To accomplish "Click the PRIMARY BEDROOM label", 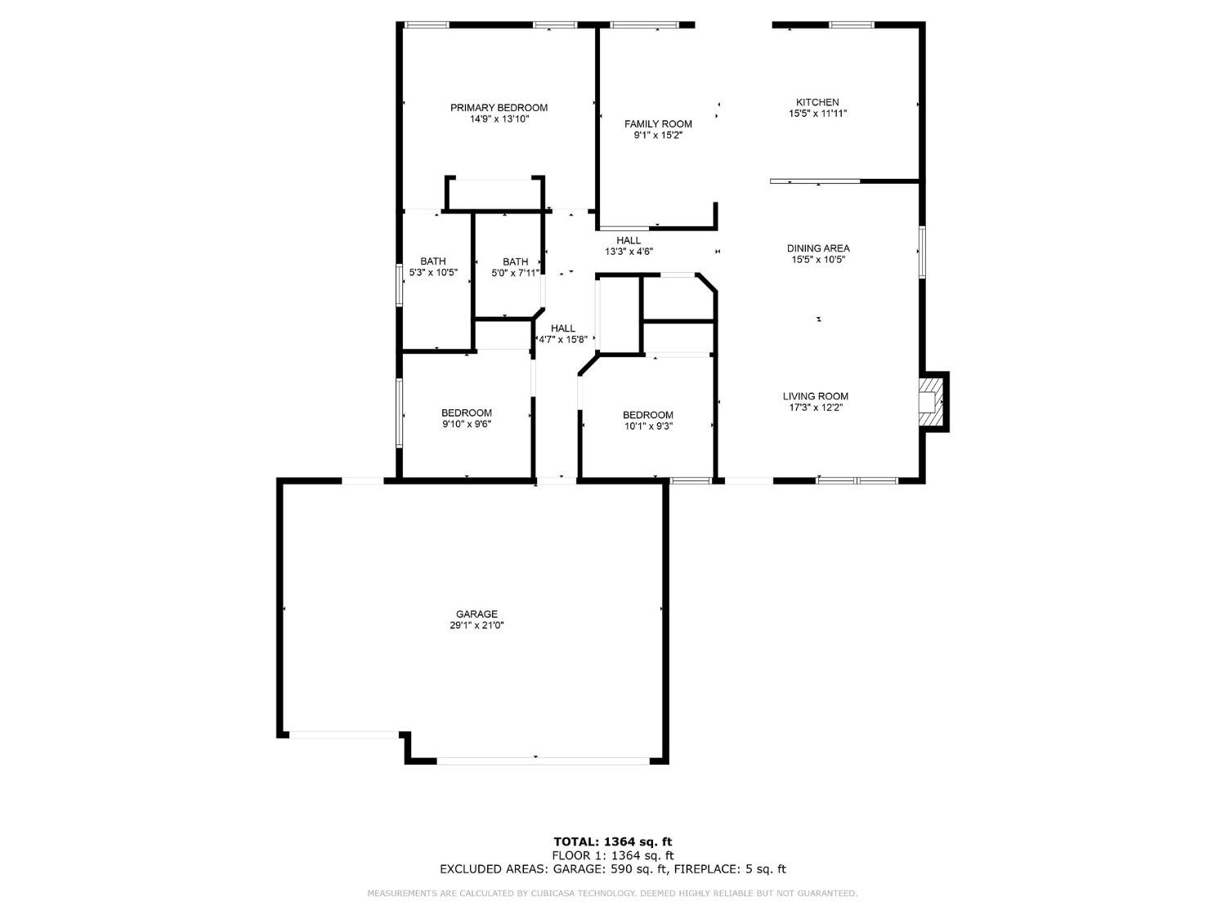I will (x=499, y=108).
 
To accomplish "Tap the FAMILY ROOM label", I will (x=658, y=124).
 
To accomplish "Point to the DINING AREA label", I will (x=817, y=248).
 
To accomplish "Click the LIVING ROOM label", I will (x=815, y=396).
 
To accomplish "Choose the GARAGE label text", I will (x=477, y=614).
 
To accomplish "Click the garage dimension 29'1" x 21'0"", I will (x=477, y=626).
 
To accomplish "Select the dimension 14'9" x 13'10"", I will (x=499, y=119).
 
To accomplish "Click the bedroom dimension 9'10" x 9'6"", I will (x=466, y=424).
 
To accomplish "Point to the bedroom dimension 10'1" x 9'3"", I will (x=647, y=426).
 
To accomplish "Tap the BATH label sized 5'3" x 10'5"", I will (x=433, y=261).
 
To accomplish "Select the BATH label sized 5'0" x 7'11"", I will (x=515, y=261).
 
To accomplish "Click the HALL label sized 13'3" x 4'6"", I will (x=629, y=240).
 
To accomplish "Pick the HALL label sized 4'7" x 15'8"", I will (x=562, y=328).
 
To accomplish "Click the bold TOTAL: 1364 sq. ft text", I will (x=612, y=841).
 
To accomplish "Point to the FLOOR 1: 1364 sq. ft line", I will (x=612, y=855).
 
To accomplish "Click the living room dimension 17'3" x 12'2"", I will (x=815, y=408).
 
